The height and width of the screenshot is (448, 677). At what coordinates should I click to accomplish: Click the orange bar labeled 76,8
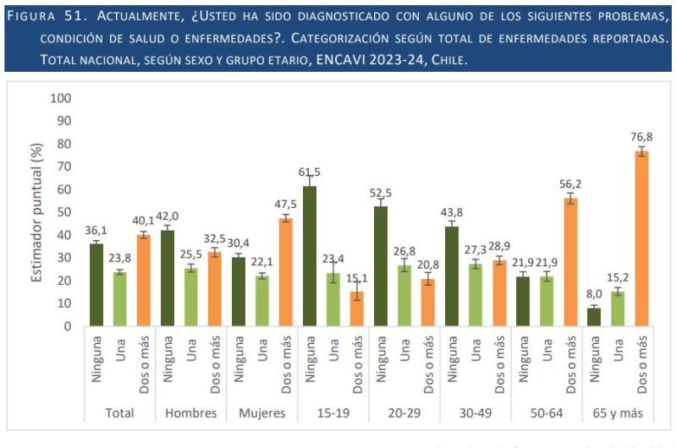642,238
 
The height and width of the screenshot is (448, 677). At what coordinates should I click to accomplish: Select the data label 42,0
168,216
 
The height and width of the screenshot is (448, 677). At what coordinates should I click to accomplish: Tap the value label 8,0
593,295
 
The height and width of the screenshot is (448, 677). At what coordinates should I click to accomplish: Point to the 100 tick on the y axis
62,98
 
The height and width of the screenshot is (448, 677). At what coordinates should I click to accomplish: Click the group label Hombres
191,414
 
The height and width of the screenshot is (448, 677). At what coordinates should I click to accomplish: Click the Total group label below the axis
120,414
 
